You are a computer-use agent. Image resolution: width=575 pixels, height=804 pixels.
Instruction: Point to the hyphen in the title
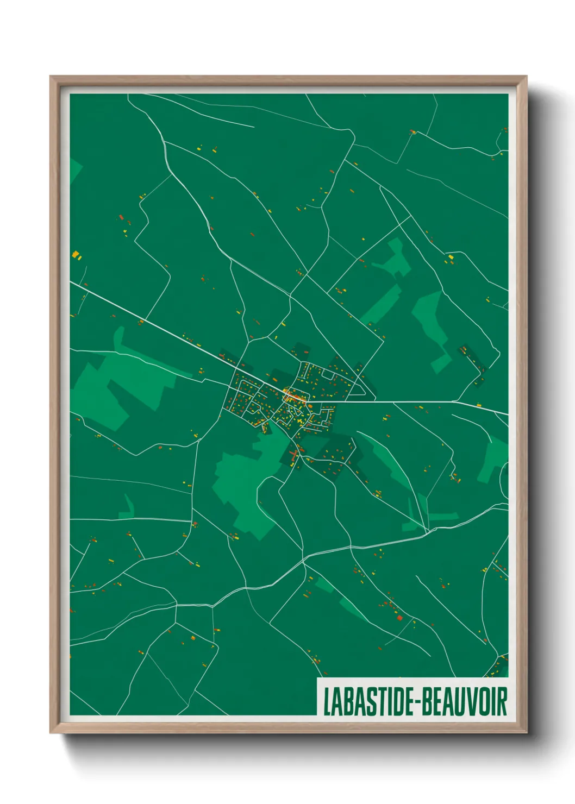pyautogui.click(x=416, y=702)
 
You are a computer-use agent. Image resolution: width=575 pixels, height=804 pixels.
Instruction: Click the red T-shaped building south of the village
pyautogui.click(x=294, y=455)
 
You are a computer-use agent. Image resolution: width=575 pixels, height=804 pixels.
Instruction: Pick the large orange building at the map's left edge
pyautogui.click(x=76, y=254)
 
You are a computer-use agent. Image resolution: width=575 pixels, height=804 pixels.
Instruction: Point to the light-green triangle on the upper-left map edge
pyautogui.click(x=74, y=168)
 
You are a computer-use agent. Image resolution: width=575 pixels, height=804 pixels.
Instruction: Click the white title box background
pyautogui.click(x=413, y=683)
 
